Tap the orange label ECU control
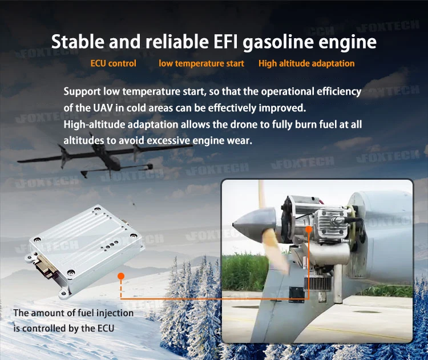(114, 63)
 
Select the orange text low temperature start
(201, 63)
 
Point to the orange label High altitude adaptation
(306, 63)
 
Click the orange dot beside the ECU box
(120, 276)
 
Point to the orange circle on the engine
(309, 229)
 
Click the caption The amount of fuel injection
(73, 313)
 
